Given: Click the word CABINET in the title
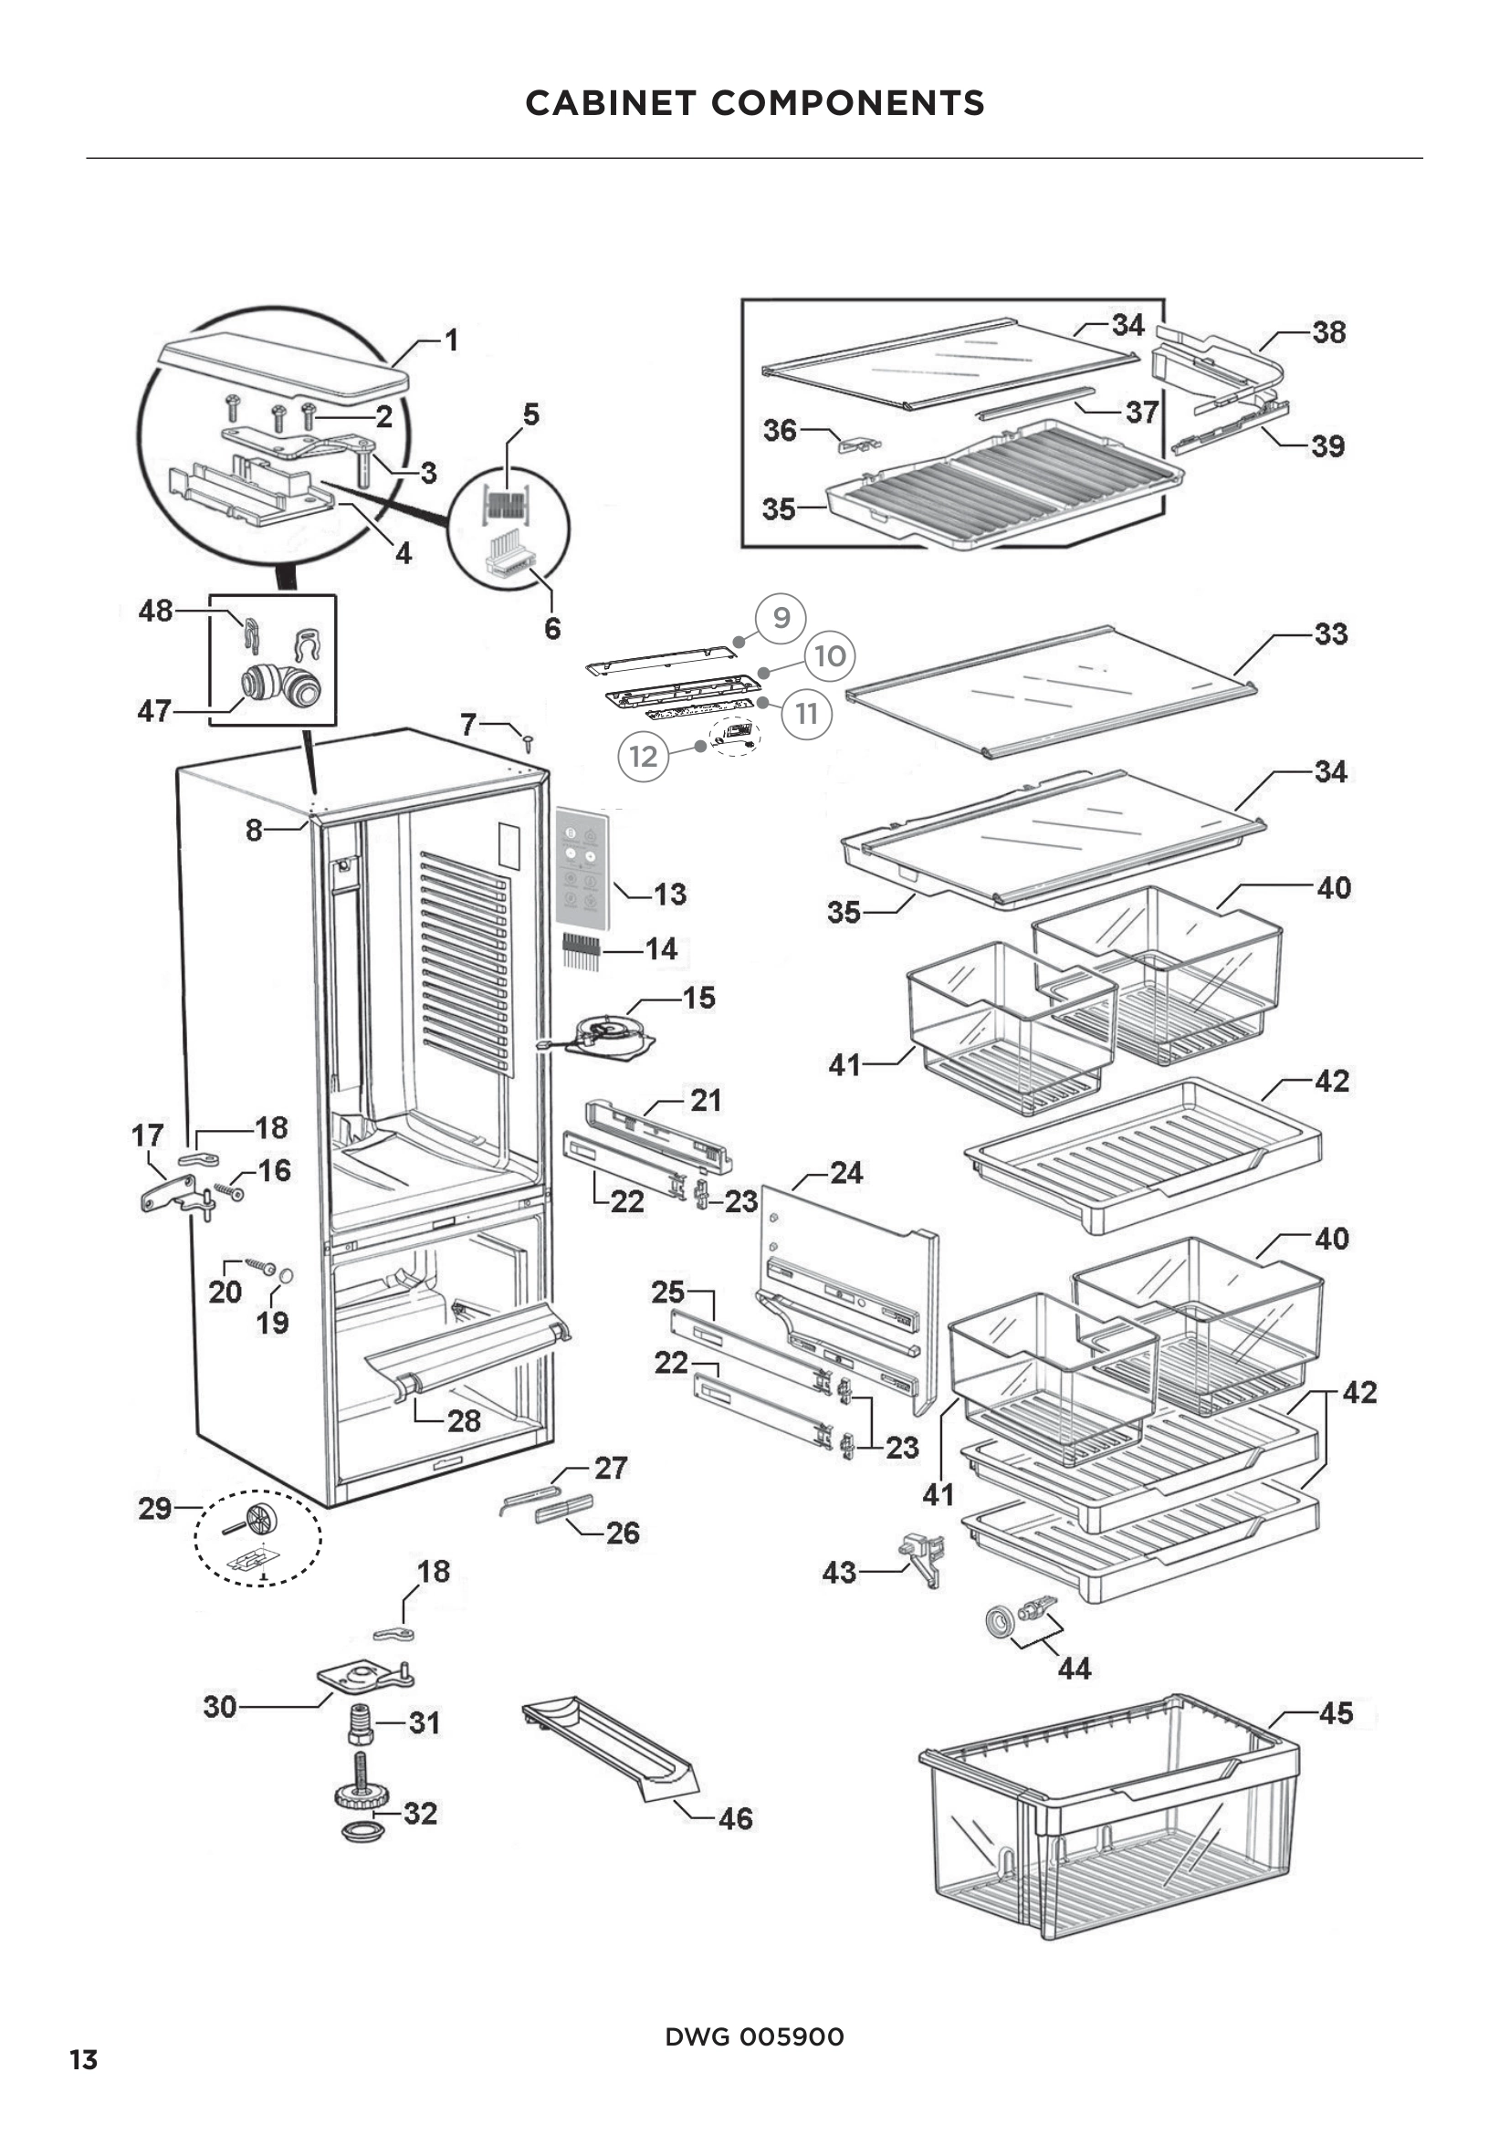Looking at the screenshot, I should coord(610,102).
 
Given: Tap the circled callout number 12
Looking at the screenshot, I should coord(644,756).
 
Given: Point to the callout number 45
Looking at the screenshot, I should coord(1337,1712).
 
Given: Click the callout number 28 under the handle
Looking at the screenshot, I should coord(464,1420).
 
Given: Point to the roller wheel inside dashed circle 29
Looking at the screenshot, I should coord(260,1520).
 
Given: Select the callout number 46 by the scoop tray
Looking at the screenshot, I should coord(736,1819).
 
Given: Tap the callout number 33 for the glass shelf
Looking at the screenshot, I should coord(1330,634).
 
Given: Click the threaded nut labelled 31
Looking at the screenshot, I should coord(361,1725).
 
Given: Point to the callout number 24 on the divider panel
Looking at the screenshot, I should coord(845,1173).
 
